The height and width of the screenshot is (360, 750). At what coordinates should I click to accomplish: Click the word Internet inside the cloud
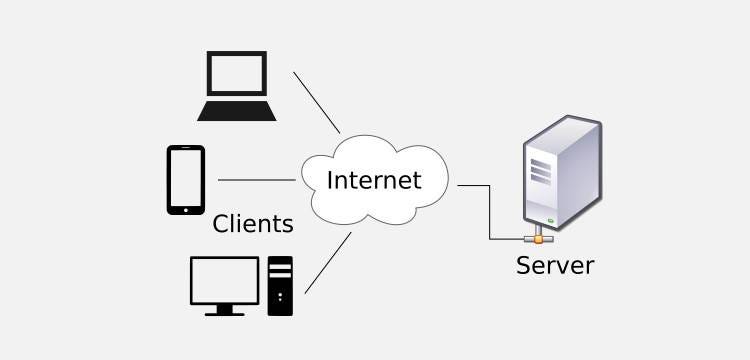(x=374, y=180)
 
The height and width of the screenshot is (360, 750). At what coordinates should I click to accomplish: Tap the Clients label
(x=253, y=224)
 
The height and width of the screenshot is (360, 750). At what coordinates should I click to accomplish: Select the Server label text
(x=555, y=265)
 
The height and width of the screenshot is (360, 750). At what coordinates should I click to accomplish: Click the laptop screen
(x=237, y=73)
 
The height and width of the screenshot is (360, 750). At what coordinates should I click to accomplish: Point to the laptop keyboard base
(x=237, y=111)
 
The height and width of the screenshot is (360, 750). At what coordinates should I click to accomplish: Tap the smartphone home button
(x=186, y=210)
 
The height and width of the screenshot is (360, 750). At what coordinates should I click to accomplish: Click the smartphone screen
(x=186, y=178)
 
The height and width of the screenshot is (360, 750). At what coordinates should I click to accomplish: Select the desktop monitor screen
(x=224, y=280)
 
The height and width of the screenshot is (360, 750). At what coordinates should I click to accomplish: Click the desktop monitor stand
(x=224, y=310)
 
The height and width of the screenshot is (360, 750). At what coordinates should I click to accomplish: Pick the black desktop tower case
(x=280, y=286)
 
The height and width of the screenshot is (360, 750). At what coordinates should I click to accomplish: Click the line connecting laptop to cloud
(x=317, y=102)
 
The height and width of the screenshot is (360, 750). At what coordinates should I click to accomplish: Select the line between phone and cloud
(x=257, y=180)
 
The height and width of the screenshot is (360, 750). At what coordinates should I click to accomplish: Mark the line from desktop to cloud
(x=328, y=262)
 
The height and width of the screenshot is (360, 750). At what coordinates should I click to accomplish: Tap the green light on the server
(x=551, y=220)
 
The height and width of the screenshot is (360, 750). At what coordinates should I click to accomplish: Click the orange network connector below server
(x=539, y=239)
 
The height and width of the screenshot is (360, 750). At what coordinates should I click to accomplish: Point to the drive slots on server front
(x=540, y=172)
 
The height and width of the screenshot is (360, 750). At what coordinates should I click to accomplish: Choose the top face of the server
(x=562, y=130)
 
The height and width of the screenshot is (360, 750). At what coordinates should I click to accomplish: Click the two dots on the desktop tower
(x=280, y=296)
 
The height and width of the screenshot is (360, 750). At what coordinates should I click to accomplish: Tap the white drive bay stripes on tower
(x=280, y=271)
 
